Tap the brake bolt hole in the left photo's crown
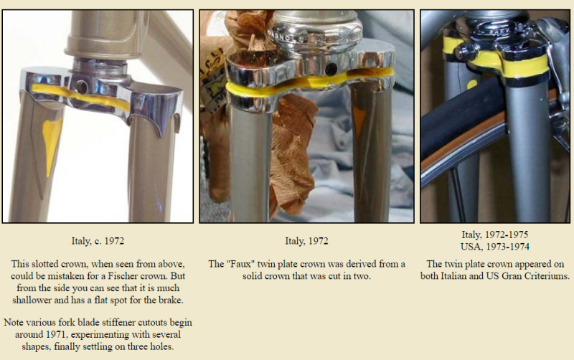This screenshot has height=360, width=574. tap(81, 87)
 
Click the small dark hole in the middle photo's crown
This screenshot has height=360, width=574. tap(331, 68)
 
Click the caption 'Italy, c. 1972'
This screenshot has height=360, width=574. tap(98, 241)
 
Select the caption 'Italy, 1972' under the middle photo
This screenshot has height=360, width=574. tap(307, 241)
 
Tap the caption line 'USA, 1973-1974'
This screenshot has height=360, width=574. tap(495, 247)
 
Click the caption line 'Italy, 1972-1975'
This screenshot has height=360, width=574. tap(495, 235)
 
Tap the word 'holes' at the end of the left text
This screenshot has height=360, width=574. tap(161, 346)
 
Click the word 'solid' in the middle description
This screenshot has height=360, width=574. tap(252, 276)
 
